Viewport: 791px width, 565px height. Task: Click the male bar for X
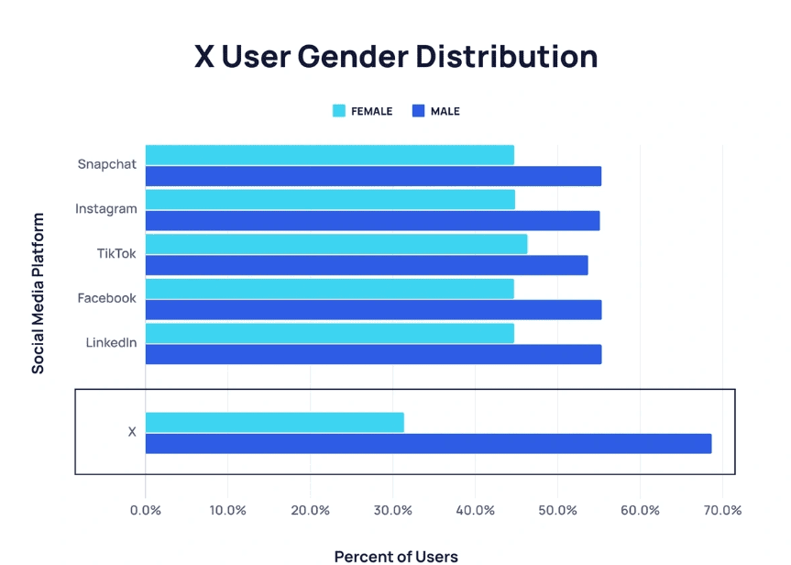[428, 444]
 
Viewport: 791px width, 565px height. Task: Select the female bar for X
[274, 422]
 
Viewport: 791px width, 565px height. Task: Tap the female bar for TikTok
[335, 244]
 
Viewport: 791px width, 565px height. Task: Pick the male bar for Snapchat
[373, 176]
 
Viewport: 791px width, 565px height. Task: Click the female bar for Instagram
[330, 199]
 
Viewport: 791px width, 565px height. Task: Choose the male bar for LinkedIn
[373, 354]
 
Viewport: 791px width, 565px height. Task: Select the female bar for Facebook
[329, 289]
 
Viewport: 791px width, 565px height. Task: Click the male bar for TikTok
[367, 266]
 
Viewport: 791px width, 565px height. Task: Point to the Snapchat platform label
[106, 164]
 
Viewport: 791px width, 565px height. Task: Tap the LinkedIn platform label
[111, 343]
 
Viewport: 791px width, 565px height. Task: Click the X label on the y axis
[132, 432]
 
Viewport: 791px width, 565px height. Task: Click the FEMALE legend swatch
[338, 111]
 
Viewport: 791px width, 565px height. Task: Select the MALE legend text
[445, 111]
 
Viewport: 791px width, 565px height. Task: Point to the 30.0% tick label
[392, 510]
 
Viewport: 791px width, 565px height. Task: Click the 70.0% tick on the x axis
[721, 510]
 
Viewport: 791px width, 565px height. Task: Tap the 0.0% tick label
[145, 510]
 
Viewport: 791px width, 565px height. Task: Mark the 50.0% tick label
[557, 510]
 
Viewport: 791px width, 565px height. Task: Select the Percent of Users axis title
[395, 556]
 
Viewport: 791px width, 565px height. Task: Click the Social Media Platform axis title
[38, 294]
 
